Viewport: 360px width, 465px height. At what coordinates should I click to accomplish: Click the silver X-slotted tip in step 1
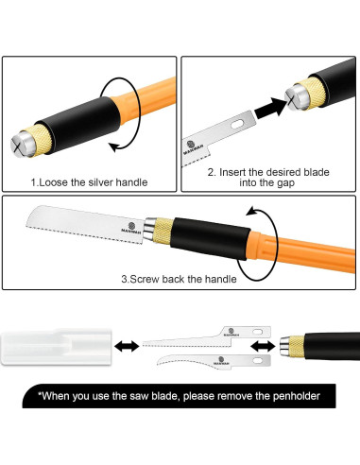(x=23, y=145)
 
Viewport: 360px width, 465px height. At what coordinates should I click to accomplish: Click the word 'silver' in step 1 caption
(x=100, y=182)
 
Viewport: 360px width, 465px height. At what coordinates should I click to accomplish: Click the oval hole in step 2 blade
(x=238, y=124)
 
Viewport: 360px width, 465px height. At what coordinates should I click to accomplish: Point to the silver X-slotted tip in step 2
(x=297, y=97)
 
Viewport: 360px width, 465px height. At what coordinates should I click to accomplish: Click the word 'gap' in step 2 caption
(x=285, y=183)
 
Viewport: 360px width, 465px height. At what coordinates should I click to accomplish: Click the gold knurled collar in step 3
(x=163, y=232)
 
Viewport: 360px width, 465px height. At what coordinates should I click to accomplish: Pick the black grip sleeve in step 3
(x=210, y=238)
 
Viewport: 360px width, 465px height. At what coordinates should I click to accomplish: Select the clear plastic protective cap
(x=57, y=347)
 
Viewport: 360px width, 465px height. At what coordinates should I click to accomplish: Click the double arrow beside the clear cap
(x=127, y=347)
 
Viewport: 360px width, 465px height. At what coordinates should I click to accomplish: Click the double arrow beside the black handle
(x=263, y=346)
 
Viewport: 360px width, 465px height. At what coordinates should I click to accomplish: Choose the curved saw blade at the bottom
(x=214, y=362)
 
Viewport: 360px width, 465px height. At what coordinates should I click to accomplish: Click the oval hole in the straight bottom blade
(x=258, y=332)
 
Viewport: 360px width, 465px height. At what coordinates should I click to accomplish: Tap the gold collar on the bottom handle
(x=296, y=347)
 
